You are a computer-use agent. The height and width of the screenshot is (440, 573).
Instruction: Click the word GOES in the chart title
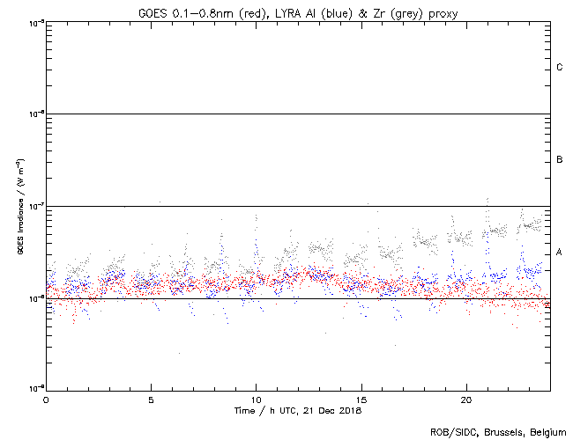[152, 13]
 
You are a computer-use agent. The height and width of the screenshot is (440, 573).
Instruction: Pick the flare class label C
[559, 68]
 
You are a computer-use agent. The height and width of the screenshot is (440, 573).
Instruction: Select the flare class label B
[559, 160]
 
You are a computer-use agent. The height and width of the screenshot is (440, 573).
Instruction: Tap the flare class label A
[559, 253]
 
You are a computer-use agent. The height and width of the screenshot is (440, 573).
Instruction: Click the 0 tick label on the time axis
[46, 400]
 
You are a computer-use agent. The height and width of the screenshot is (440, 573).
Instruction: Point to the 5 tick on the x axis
[151, 400]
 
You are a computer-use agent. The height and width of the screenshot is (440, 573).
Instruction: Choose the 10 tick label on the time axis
[256, 400]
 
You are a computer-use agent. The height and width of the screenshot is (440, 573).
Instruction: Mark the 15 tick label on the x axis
[361, 400]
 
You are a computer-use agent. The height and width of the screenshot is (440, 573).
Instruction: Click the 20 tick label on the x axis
[466, 400]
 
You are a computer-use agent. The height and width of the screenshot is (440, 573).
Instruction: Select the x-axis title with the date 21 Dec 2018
[298, 411]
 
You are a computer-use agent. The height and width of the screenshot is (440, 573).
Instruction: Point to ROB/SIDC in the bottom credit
[450, 431]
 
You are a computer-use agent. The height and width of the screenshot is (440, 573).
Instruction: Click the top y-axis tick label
[35, 22]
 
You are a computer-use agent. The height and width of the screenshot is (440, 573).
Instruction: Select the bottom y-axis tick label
[35, 389]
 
